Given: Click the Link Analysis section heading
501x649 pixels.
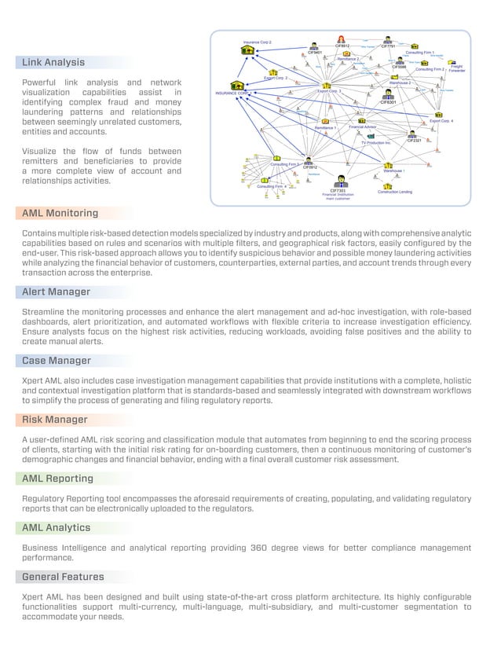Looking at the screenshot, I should (53, 62).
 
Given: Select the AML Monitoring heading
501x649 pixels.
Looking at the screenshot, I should (60, 213).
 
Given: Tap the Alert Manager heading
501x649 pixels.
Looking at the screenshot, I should (57, 291).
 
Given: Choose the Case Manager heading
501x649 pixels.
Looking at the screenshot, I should (57, 361).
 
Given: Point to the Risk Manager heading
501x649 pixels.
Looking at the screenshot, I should (55, 420).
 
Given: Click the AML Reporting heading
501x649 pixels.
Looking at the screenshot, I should (57, 478).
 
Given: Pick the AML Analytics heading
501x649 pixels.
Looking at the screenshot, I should (57, 527).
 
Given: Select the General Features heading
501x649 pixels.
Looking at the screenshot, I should (63, 577).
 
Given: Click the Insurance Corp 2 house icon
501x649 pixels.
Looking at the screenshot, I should (248, 50).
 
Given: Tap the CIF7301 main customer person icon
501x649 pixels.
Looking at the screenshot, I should (339, 181).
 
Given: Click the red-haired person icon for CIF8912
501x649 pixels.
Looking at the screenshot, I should (341, 38).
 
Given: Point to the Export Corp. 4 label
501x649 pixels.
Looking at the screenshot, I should (441, 121).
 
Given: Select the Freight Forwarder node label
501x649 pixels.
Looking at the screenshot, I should (456, 68).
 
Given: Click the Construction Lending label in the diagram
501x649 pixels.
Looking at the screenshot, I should (395, 192).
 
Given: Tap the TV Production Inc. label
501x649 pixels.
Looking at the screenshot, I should (376, 143).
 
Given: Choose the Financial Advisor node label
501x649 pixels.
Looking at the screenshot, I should (363, 126).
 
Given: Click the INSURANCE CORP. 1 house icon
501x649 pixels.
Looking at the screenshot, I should (237, 86).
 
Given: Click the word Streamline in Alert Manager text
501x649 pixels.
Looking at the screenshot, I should (46, 313).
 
